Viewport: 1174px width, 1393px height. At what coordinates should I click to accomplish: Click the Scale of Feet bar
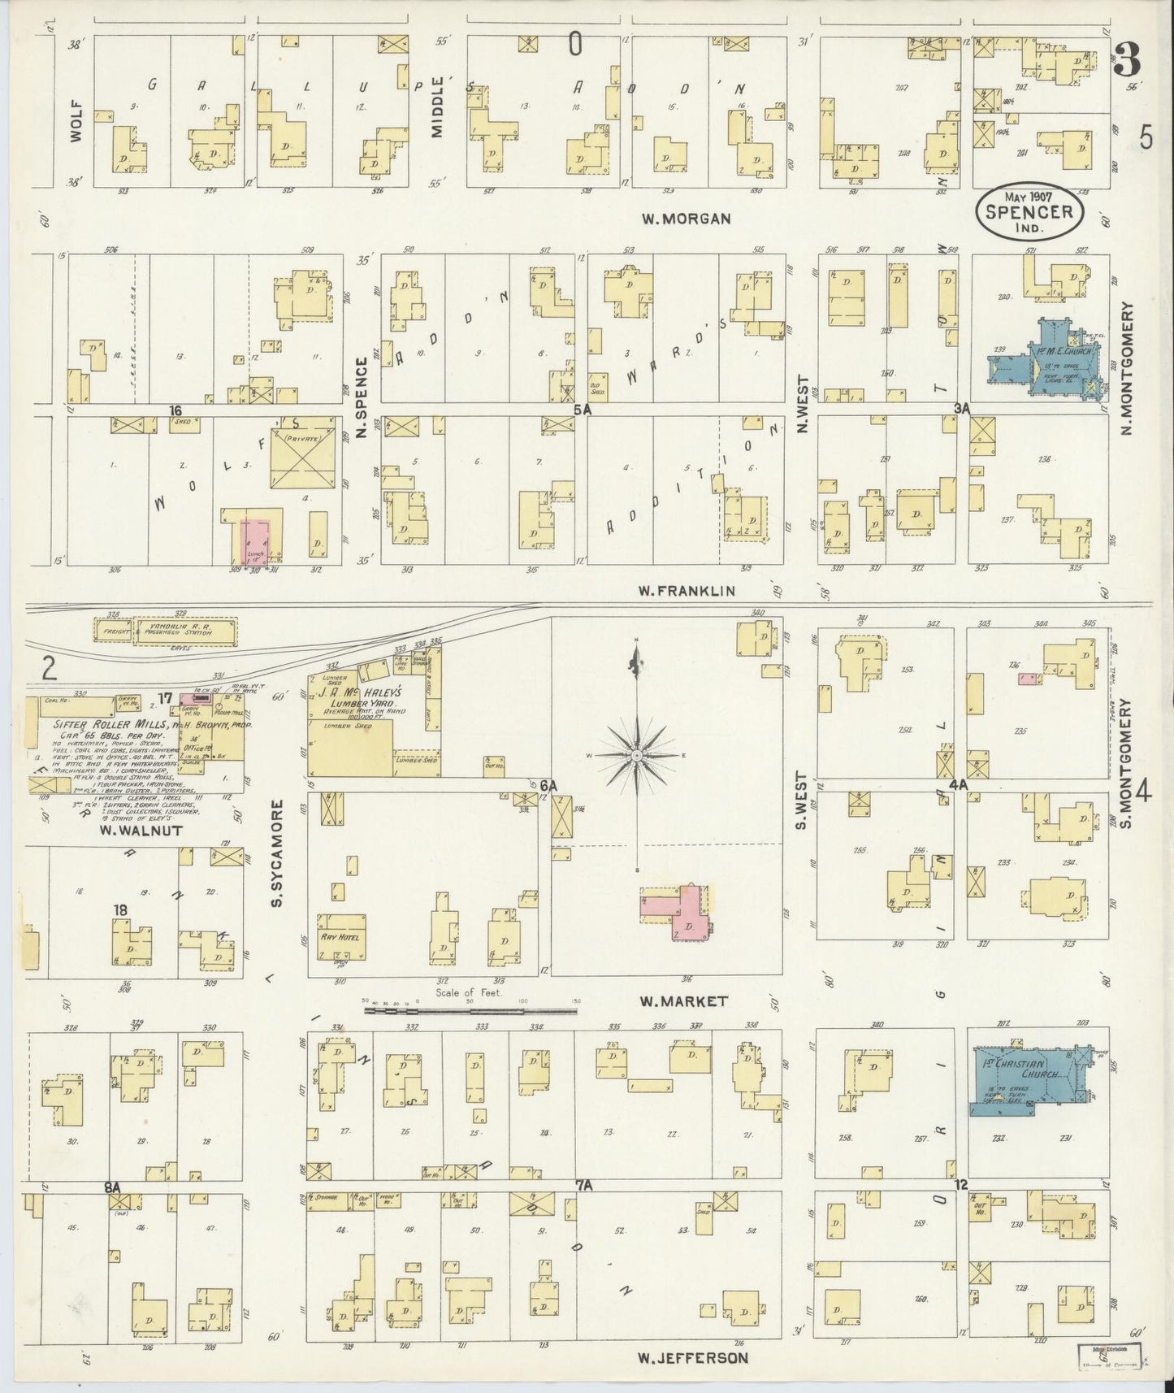[x=471, y=1013]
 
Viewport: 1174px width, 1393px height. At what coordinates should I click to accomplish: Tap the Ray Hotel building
[x=344, y=936]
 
